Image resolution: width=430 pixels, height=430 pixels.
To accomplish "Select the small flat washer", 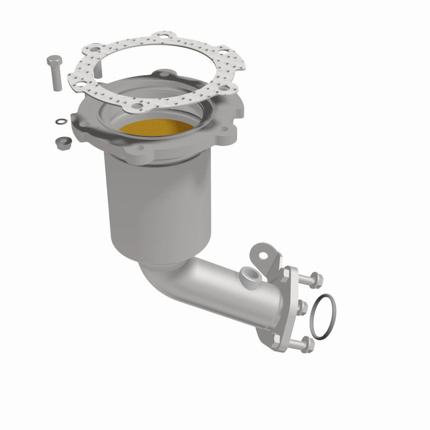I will [x=60, y=122].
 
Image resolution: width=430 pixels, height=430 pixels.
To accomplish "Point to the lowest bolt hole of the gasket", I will [x=137, y=105].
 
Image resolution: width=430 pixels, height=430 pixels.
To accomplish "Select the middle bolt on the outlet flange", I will [x=302, y=308].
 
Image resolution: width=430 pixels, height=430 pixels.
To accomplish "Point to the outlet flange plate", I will [x=287, y=311].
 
